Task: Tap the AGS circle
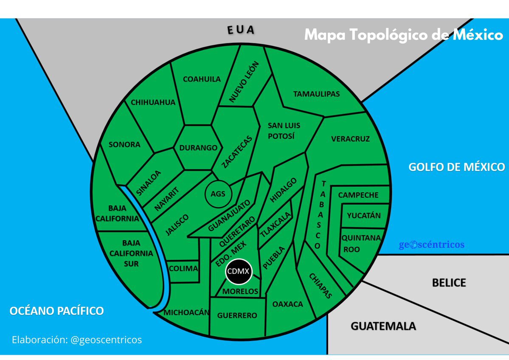pyautogui.click(x=218, y=194)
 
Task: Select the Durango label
pyautogui.click(x=198, y=148)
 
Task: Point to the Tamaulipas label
pyautogui.click(x=316, y=94)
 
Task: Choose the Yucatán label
pyautogui.click(x=364, y=216)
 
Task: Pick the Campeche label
pyautogui.click(x=358, y=195)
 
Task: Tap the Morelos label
pyautogui.click(x=240, y=292)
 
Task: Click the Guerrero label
pyautogui.click(x=237, y=315)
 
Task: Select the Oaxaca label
pyautogui.click(x=288, y=304)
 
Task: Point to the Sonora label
pyautogui.click(x=124, y=144)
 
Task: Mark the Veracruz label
pyautogui.click(x=350, y=139)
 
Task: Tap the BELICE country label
pyautogui.click(x=449, y=283)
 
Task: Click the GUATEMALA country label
pyautogui.click(x=383, y=326)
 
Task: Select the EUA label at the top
pyautogui.click(x=240, y=30)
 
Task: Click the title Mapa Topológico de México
pyautogui.click(x=403, y=35)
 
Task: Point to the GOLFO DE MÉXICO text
pyautogui.click(x=456, y=167)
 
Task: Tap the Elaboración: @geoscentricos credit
pyautogui.click(x=77, y=340)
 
